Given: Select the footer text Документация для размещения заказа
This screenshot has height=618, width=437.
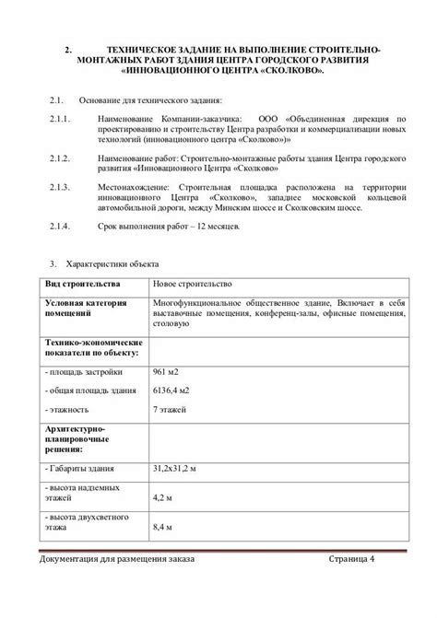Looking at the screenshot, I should tap(118, 560).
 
